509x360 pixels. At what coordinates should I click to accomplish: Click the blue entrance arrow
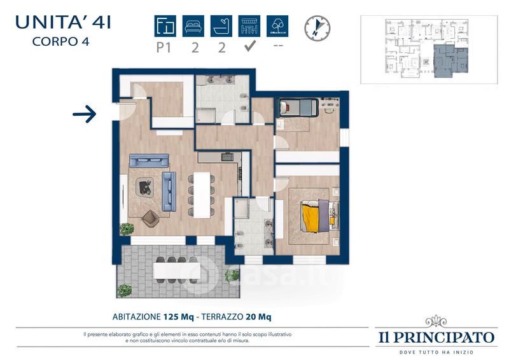pos(85,114)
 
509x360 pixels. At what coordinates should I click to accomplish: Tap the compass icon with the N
pos(317,28)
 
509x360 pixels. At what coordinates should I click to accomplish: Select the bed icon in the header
pos(193,26)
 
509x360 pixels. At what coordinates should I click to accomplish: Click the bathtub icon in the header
pos(221,26)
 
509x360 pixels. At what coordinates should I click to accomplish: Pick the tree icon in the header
pos(277,26)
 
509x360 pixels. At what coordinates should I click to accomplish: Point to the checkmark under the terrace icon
pos(249,46)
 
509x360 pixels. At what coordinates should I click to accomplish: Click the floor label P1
pos(164,48)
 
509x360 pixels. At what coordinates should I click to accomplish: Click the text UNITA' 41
pos(63,22)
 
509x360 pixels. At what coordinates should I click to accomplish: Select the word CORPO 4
pos(60,41)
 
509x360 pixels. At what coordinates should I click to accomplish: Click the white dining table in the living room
pos(202,195)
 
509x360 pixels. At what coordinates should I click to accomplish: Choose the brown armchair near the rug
pos(150,218)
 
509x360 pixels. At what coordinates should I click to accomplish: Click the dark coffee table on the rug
pos(145,187)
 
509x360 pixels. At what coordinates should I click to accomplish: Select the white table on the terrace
pos(176,270)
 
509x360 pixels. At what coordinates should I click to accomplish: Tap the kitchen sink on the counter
pos(227,157)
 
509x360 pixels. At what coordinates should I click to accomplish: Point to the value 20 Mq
pos(258,317)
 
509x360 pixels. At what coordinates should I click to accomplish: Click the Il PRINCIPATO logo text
pos(436,337)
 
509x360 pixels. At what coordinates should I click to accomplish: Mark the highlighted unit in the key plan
pos(451,60)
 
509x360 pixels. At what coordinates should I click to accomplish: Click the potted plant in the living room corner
pos(127,229)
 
